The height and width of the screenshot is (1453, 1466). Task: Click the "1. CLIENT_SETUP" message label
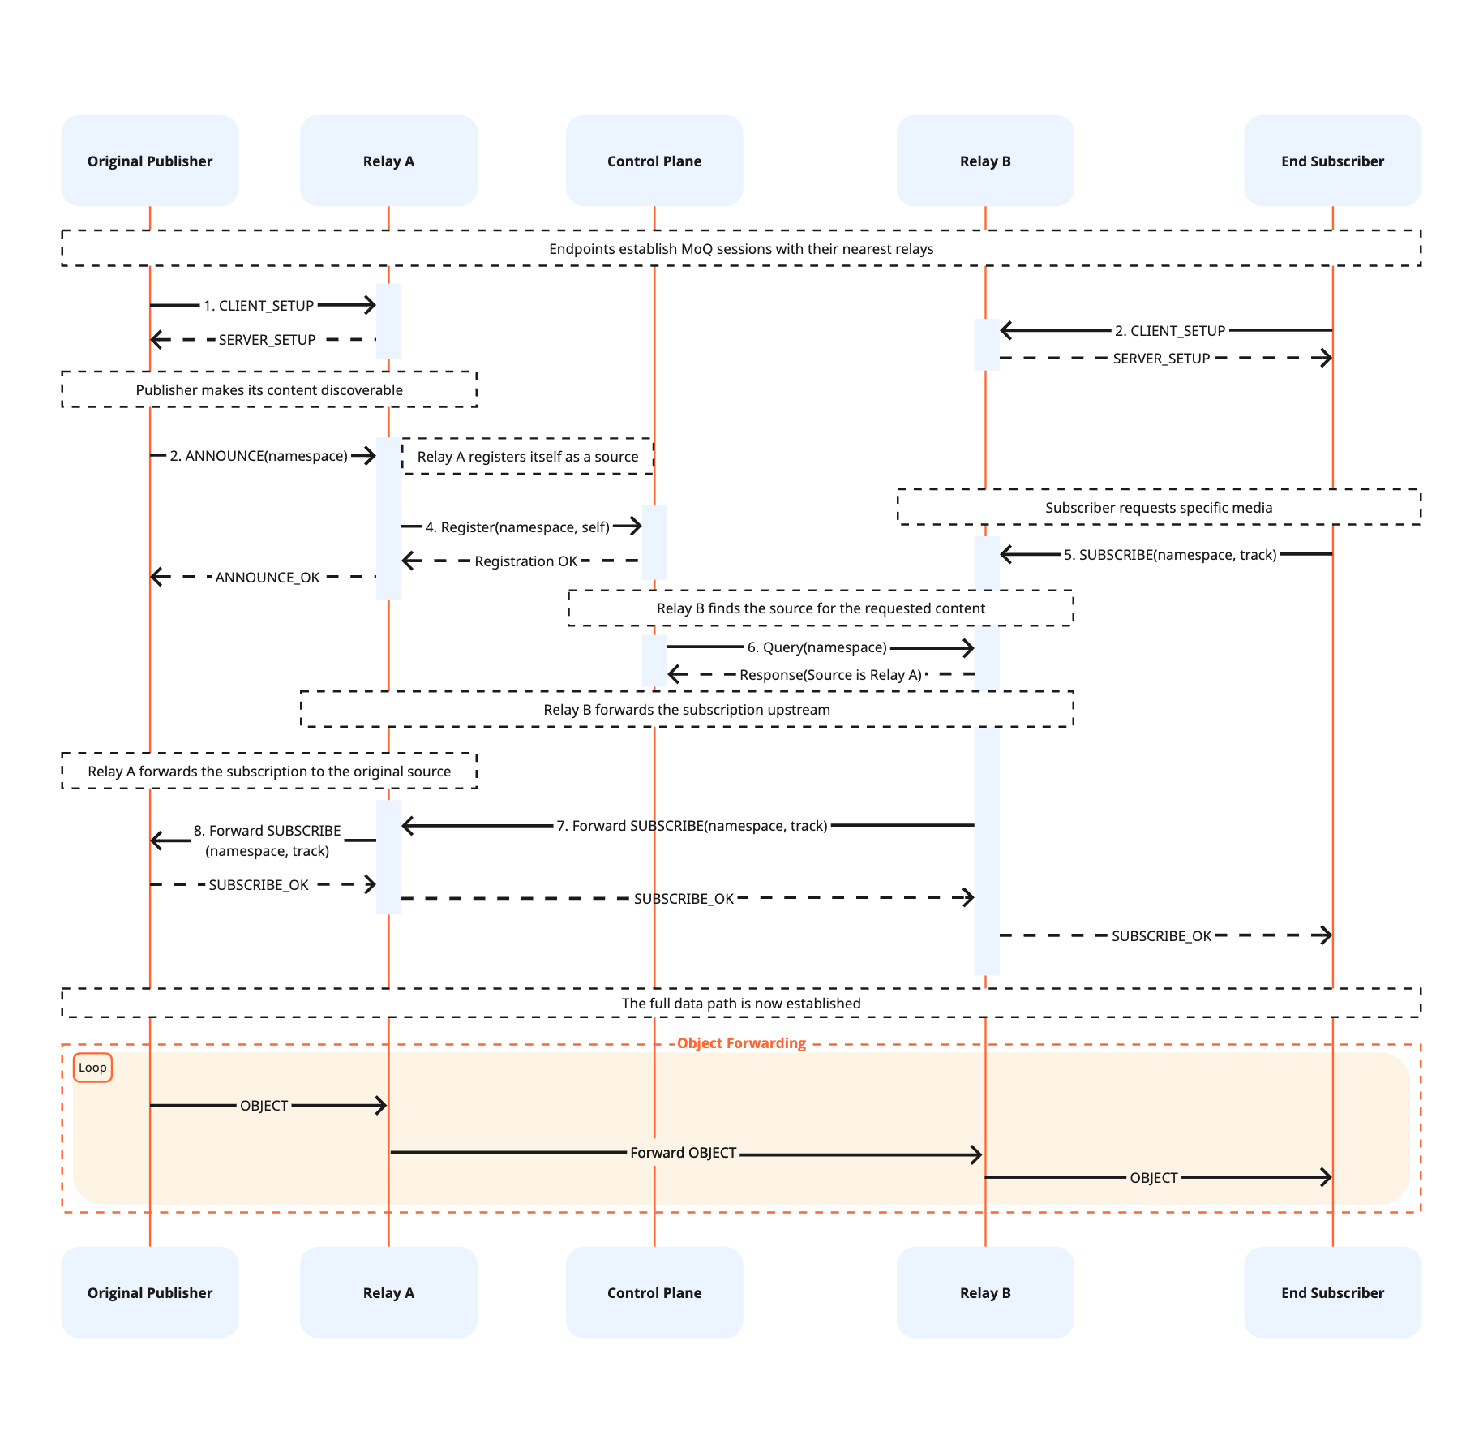(x=258, y=306)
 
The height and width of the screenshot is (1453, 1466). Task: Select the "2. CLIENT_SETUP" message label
(x=1169, y=331)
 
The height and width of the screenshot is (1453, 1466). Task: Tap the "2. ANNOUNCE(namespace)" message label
(x=258, y=456)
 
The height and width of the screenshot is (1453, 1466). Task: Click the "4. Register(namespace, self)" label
(x=517, y=527)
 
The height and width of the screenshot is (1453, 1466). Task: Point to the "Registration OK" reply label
(x=525, y=561)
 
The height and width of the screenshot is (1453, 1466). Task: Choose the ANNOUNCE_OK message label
(x=267, y=578)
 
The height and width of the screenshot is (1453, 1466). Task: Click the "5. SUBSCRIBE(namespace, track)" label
(x=1169, y=555)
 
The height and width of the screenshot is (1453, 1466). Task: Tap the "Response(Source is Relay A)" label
(x=830, y=675)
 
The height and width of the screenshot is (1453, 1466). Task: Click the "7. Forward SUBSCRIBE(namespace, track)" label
(x=691, y=826)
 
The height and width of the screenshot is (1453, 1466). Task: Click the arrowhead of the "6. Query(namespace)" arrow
(x=968, y=648)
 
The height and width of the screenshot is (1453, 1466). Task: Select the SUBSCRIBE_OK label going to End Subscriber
(x=1160, y=936)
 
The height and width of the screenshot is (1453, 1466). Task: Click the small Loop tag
(x=92, y=1068)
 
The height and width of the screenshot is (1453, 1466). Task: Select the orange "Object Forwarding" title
(x=740, y=1043)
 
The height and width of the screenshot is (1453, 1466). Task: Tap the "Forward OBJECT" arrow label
(x=683, y=1153)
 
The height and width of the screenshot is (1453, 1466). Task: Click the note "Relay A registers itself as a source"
(x=527, y=457)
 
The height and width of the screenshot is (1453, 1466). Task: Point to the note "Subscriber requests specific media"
(x=1158, y=508)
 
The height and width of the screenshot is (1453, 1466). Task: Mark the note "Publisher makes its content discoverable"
(x=268, y=390)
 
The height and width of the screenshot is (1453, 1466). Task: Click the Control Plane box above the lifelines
(x=654, y=161)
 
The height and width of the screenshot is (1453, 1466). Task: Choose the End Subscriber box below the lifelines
(x=1331, y=1292)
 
